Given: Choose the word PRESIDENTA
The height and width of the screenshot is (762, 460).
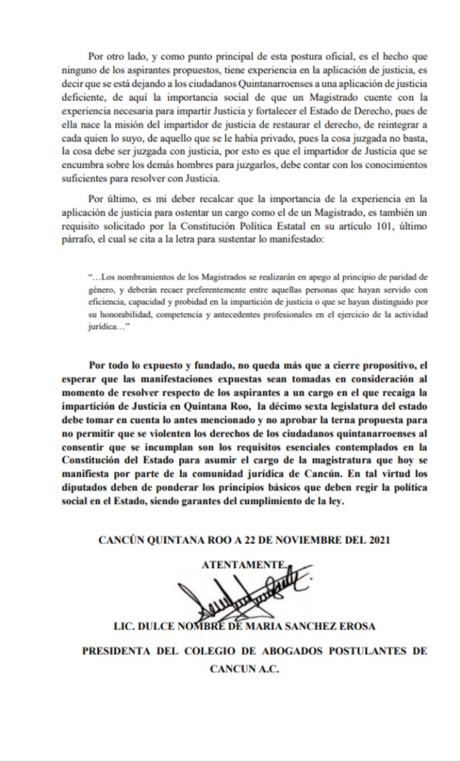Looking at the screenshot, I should tap(116, 651).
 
